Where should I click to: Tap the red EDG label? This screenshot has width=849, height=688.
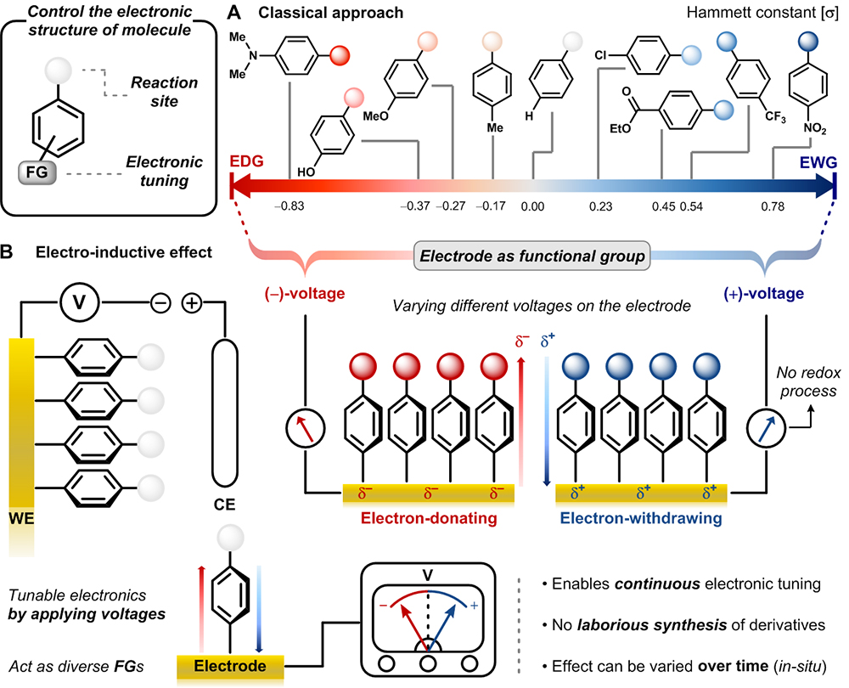point(245,161)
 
